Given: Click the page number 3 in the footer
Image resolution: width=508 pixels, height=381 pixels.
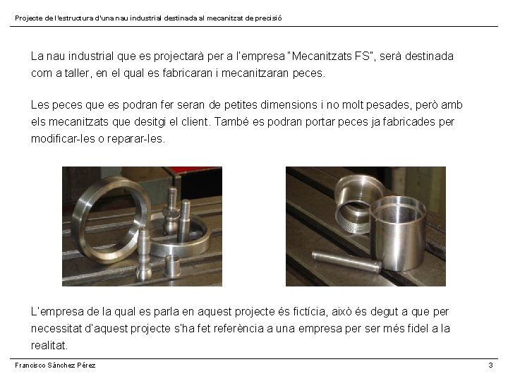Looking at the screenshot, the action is pyautogui.click(x=490, y=365).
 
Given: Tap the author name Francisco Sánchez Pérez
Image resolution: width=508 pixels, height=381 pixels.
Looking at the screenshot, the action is pyautogui.click(x=55, y=365).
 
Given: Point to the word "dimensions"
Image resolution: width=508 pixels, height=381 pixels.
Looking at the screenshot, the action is pyautogui.click(x=289, y=104).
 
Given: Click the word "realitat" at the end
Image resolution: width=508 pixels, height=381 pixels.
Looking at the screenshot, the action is pyautogui.click(x=49, y=345).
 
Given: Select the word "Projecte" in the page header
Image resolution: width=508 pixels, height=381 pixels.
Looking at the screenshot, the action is pyautogui.click(x=29, y=18).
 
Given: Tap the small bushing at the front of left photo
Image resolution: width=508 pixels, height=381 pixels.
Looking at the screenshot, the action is pyautogui.click(x=173, y=266).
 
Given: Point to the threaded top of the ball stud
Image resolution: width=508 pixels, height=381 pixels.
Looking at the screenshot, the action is pyautogui.click(x=172, y=198).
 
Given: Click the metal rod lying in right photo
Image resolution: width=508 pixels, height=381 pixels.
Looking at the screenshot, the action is pyautogui.click(x=346, y=261).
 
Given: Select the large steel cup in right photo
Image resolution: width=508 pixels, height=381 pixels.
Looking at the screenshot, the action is pyautogui.click(x=398, y=233).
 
